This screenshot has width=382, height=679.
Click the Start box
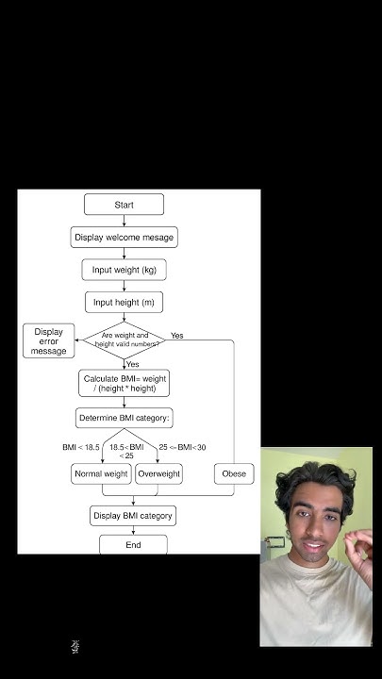(124, 205)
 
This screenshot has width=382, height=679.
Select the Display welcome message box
(124, 237)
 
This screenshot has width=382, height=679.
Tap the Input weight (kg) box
(124, 270)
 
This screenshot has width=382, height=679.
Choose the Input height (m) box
(124, 303)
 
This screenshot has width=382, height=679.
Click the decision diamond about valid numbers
(124, 339)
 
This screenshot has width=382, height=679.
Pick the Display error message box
(49, 340)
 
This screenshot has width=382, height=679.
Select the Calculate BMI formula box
(124, 383)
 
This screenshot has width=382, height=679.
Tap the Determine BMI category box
(124, 418)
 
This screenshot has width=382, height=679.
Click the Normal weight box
(101, 473)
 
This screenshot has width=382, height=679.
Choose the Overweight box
(158, 473)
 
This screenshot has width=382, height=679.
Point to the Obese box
(233, 473)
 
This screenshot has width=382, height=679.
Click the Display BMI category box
(132, 516)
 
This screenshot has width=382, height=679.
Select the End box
(133, 545)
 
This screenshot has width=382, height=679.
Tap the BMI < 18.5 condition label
(81, 446)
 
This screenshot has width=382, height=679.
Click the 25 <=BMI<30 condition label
(182, 446)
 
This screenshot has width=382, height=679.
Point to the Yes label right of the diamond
(177, 336)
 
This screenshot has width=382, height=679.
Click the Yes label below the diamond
(133, 364)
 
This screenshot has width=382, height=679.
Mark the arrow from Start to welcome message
(124, 221)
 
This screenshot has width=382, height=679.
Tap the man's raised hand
(358, 547)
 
